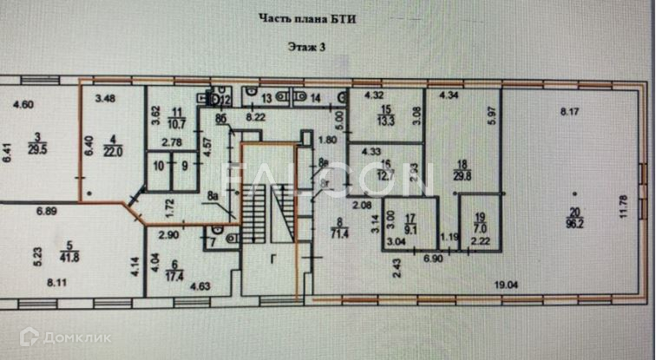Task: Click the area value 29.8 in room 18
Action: coord(462,174)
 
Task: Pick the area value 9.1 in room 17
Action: coord(411,229)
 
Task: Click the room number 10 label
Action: coord(159,165)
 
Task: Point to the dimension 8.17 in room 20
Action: coord(568,111)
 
